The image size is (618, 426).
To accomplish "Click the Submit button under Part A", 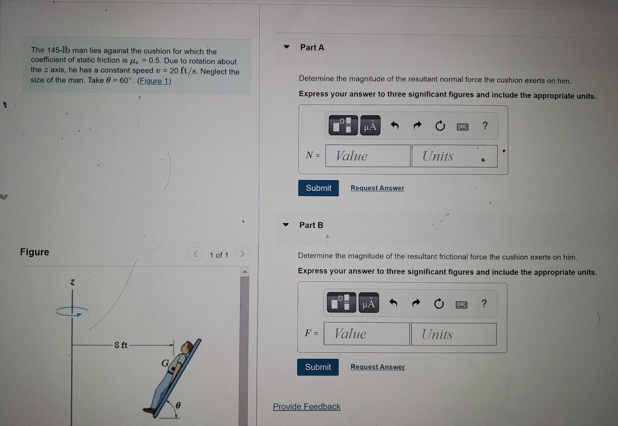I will [318, 188].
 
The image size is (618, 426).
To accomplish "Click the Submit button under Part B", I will [318, 367].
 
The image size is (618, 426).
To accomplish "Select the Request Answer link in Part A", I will [377, 188].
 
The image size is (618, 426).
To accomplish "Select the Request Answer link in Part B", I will [378, 367].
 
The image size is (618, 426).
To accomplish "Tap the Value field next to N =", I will [368, 156].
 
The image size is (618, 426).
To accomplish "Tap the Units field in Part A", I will [454, 156].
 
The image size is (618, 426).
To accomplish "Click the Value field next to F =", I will [367, 334].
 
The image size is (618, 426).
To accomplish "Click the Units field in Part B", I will [453, 334].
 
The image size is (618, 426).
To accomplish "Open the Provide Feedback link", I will [306, 407].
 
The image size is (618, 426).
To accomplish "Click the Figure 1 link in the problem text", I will [154, 81].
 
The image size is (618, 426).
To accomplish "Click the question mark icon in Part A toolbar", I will [485, 126].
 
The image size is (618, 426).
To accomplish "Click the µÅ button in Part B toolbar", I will [369, 303].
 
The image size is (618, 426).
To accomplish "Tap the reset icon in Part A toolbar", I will [440, 126].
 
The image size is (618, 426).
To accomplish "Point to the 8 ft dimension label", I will [121, 345].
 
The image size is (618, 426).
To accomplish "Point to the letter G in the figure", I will [165, 362].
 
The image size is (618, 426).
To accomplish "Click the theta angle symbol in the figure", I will [178, 405].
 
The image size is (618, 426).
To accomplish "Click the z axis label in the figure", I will [72, 282].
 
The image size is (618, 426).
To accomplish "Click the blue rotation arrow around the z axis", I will [72, 312].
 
